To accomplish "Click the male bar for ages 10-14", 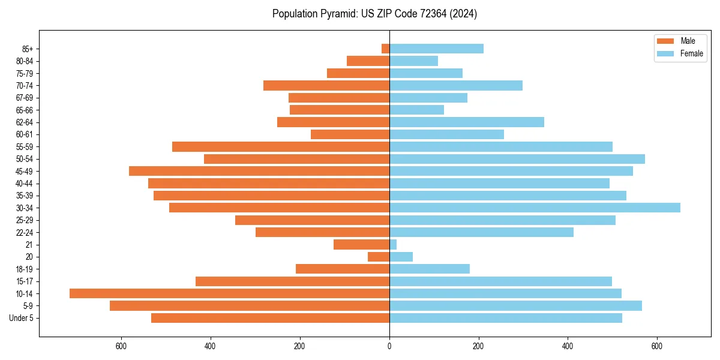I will [x=229, y=293].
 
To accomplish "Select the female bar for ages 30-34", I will [x=535, y=208].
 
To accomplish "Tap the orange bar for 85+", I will [x=385, y=49].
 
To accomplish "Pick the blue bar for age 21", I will [x=393, y=244].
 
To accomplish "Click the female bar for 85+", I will [x=436, y=49].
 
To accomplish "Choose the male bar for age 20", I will [x=379, y=257].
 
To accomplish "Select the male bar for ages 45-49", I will [x=259, y=171].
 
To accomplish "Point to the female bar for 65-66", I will [x=416, y=110].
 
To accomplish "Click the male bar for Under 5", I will [x=270, y=318].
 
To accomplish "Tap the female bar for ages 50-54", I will [x=517, y=159].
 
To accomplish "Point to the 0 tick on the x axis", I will [x=389, y=346].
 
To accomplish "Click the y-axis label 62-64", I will [x=25, y=122].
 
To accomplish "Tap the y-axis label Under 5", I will [x=22, y=318].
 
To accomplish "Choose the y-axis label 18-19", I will [x=25, y=269].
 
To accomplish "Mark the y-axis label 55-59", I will [x=25, y=147].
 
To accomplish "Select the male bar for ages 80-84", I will [x=368, y=61].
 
